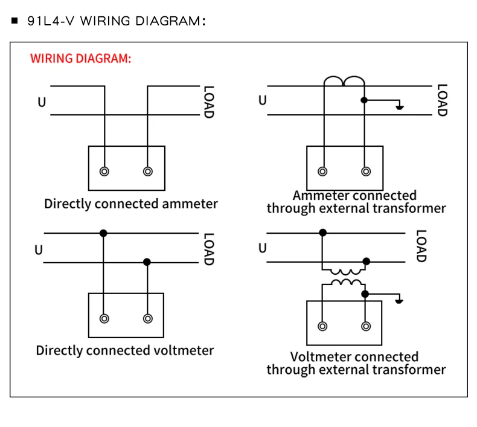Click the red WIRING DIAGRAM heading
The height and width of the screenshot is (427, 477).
(x=80, y=59)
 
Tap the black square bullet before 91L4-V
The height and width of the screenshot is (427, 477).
(x=15, y=21)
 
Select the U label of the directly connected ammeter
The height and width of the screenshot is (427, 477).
(x=42, y=102)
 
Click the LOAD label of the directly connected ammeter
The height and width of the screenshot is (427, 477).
(x=208, y=101)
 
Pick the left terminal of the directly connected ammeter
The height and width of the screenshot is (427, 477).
(x=105, y=172)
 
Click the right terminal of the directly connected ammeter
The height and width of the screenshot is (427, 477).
(x=148, y=172)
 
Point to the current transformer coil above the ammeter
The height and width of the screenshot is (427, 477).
(x=345, y=82)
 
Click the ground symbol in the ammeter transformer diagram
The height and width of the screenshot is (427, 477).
(x=399, y=108)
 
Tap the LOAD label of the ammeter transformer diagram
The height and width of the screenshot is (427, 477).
(x=441, y=100)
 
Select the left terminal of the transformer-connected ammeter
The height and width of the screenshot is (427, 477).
(x=323, y=172)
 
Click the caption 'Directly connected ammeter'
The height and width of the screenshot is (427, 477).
(x=130, y=204)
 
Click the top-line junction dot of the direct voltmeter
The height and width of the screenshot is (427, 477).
(x=104, y=233)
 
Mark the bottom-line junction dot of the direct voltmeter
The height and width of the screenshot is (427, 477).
(x=147, y=262)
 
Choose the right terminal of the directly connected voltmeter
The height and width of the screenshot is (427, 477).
(x=147, y=318)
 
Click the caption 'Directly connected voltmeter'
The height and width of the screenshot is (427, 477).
(x=124, y=350)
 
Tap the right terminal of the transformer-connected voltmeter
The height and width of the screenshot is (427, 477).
(x=365, y=326)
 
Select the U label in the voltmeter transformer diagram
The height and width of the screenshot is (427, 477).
(x=262, y=248)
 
